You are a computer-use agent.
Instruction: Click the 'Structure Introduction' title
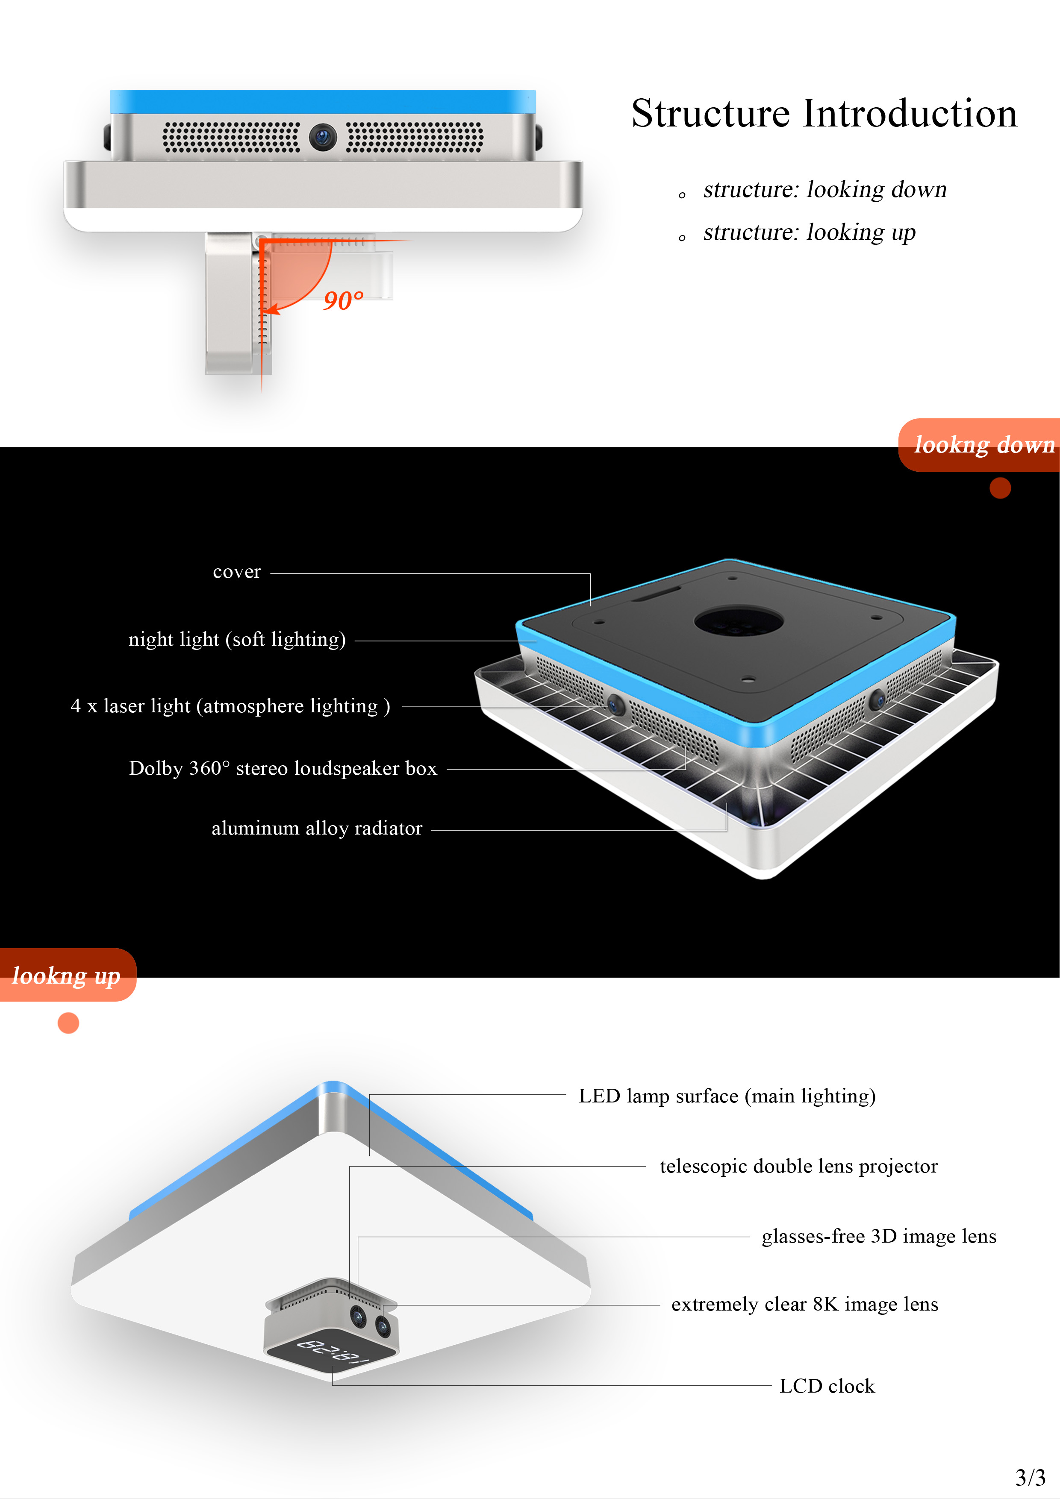[824, 114]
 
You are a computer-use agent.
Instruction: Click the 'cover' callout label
[236, 572]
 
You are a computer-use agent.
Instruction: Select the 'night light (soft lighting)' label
[237, 639]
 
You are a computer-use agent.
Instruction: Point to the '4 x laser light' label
[230, 706]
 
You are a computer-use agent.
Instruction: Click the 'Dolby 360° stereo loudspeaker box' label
[283, 768]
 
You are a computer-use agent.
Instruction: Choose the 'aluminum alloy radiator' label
[317, 829]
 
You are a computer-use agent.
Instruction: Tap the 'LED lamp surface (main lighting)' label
[727, 1096]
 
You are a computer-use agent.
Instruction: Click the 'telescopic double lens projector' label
[798, 1166]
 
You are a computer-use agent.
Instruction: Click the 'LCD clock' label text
[827, 1386]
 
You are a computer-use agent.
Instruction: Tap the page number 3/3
[1031, 1476]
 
